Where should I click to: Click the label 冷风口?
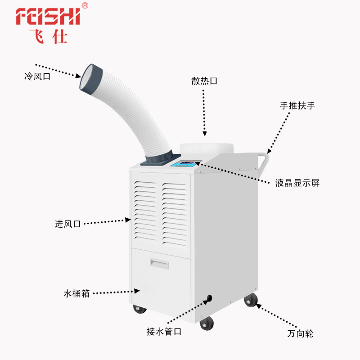[37, 76]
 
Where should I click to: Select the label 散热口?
[204, 81]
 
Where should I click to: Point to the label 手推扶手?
[297, 106]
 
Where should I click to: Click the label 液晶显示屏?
[297, 183]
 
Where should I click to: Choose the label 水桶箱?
[76, 294]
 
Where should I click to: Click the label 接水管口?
[164, 332]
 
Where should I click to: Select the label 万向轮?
[300, 334]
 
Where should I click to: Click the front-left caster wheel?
[139, 310]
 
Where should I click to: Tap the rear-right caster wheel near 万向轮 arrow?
[250, 300]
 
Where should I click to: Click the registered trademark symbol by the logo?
[85, 6]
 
